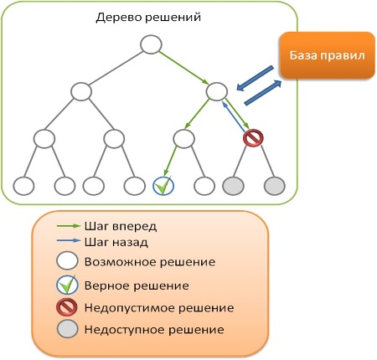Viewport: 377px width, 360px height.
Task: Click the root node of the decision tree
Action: point(151,44)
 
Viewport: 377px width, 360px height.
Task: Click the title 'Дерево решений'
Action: point(148,18)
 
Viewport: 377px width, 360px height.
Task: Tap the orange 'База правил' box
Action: point(328,55)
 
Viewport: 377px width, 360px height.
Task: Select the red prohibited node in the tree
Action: point(253,138)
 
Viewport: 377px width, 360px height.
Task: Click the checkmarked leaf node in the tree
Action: point(163,186)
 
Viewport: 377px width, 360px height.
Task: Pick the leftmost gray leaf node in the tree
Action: point(233,186)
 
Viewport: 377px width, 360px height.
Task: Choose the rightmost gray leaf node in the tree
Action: point(275,186)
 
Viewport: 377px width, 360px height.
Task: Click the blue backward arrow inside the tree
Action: point(234,116)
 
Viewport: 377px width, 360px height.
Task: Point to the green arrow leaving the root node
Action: point(183,68)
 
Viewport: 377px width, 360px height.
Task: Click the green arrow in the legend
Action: point(69,226)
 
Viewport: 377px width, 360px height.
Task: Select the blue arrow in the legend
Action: point(69,240)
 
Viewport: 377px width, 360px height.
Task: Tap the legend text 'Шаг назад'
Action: point(116,242)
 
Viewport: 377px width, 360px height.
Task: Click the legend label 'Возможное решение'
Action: point(150,262)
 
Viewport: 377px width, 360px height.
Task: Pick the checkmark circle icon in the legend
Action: point(67,285)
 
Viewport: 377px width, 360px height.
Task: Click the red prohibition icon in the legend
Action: point(67,307)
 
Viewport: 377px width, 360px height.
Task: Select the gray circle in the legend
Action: point(67,329)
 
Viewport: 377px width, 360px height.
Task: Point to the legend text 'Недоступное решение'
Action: point(154,330)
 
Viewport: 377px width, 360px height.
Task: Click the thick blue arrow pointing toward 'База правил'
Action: point(263,93)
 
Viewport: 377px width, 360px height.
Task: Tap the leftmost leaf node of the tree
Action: point(23,186)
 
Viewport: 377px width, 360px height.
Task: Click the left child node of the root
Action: point(81,91)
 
